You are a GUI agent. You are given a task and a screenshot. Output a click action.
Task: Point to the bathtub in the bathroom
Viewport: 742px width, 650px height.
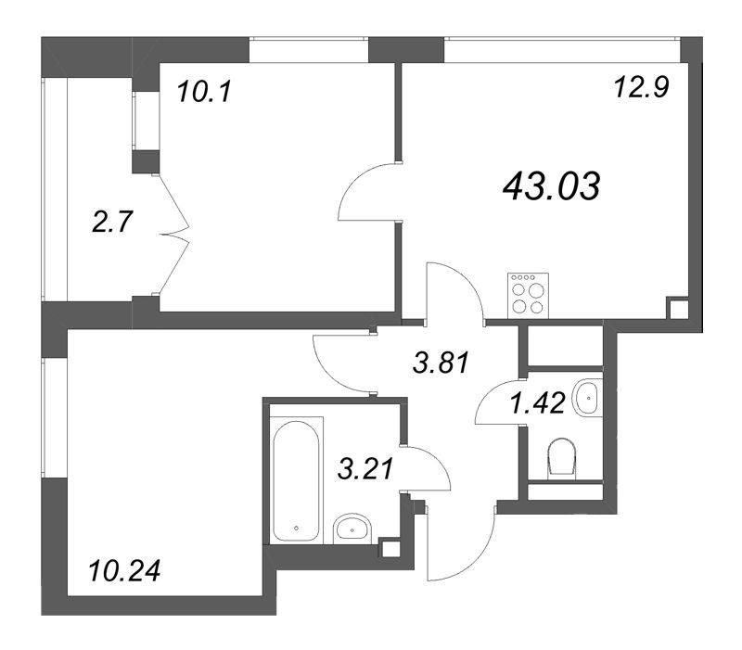tap(297, 479)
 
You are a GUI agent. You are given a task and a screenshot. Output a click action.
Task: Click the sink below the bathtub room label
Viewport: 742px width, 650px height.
tap(352, 529)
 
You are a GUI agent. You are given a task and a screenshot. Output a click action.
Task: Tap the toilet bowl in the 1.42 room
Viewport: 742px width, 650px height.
tap(563, 459)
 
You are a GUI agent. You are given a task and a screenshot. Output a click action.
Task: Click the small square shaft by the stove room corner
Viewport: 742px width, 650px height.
tap(677, 309)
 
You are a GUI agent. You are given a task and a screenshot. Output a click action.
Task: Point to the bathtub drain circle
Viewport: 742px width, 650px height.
tap(296, 529)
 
